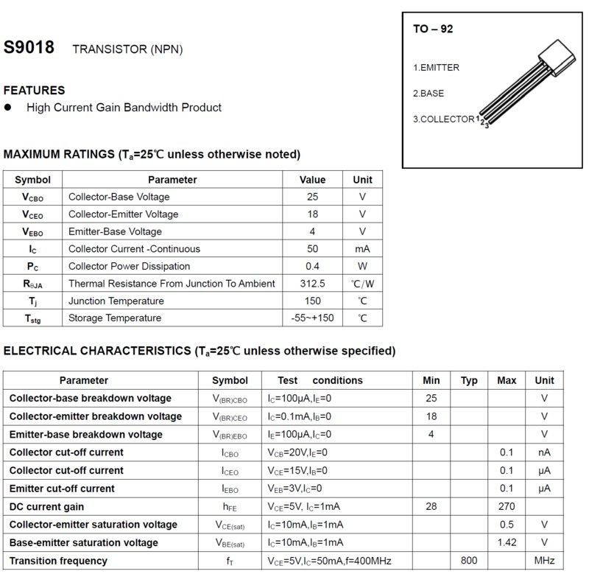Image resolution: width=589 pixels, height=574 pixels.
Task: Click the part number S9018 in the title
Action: (x=29, y=48)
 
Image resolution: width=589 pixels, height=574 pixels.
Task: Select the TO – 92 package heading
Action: (x=433, y=29)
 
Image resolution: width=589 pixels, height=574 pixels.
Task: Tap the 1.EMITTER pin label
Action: (x=436, y=68)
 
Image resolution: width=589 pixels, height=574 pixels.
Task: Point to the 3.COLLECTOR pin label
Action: (x=443, y=119)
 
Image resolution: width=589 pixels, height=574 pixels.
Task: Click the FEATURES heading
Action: (x=35, y=91)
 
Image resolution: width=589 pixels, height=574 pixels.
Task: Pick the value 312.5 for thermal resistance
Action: (x=312, y=284)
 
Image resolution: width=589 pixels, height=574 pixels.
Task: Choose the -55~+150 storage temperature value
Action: (x=312, y=318)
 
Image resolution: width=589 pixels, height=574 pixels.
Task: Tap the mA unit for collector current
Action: (x=362, y=249)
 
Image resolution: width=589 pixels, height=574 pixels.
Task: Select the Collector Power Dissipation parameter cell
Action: (x=129, y=266)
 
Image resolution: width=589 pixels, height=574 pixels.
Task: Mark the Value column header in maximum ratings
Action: (x=312, y=180)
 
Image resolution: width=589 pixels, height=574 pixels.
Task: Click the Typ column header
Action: (x=469, y=381)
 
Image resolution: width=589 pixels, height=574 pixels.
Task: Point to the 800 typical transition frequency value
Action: (x=469, y=561)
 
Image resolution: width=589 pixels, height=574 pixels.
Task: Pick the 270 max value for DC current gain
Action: (x=507, y=507)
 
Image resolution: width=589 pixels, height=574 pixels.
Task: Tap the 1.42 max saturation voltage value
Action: (x=507, y=543)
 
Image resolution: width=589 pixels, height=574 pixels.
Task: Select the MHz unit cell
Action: (x=544, y=561)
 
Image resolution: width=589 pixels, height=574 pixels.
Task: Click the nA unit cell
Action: (x=544, y=452)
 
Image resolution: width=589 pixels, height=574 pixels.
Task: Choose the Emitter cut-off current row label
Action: (x=62, y=489)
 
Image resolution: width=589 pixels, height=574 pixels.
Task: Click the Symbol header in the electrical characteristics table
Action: (x=230, y=381)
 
